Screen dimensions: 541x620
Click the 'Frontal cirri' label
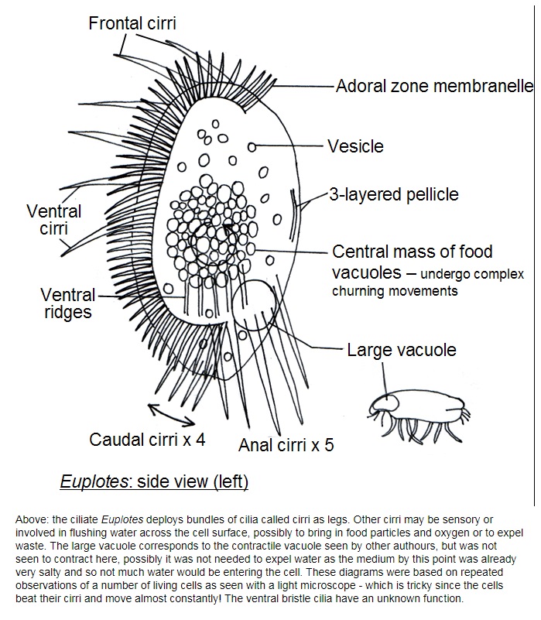coord(132,23)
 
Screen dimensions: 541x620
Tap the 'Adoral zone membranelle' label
coord(435,86)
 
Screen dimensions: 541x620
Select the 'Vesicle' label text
coord(355,146)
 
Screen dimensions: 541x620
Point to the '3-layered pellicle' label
coord(394,194)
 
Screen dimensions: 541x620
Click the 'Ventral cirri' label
coord(53,220)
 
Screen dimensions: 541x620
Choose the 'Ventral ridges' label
coord(68,303)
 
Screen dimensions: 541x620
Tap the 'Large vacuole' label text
coord(402,350)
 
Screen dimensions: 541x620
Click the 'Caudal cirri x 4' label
coord(147,440)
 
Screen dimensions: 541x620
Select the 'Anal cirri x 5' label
coord(286,445)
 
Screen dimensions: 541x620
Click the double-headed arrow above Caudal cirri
coord(172,415)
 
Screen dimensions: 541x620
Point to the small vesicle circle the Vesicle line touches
coord(252,147)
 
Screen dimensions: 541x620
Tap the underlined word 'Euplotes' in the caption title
coord(94,481)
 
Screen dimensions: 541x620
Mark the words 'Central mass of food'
coord(412,252)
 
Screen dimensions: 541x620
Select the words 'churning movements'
coord(395,291)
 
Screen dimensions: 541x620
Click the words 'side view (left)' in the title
coord(193,481)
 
